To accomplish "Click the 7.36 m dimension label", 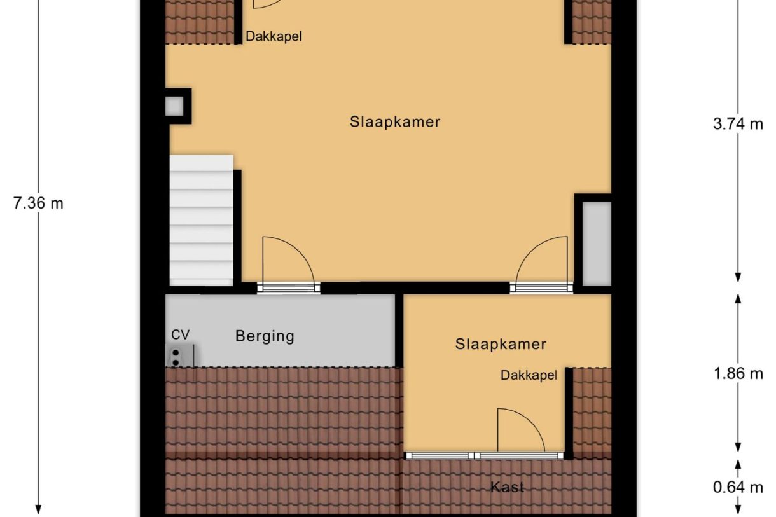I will [x=38, y=203].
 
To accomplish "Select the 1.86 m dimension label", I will [x=738, y=373].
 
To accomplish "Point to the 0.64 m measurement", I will [x=738, y=488].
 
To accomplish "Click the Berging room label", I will [x=265, y=336].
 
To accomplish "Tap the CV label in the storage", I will [x=180, y=334].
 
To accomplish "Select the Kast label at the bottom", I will [x=507, y=487].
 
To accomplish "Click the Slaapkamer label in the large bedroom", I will [x=394, y=121].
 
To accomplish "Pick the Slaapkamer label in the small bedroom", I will [x=501, y=344].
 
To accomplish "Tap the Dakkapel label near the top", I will [x=274, y=36].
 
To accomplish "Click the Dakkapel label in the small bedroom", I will [x=529, y=375].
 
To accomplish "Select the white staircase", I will [x=201, y=219].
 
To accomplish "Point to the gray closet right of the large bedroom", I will [x=597, y=244].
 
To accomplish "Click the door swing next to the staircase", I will [x=286, y=261].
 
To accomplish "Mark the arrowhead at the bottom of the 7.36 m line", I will [x=38, y=509].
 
